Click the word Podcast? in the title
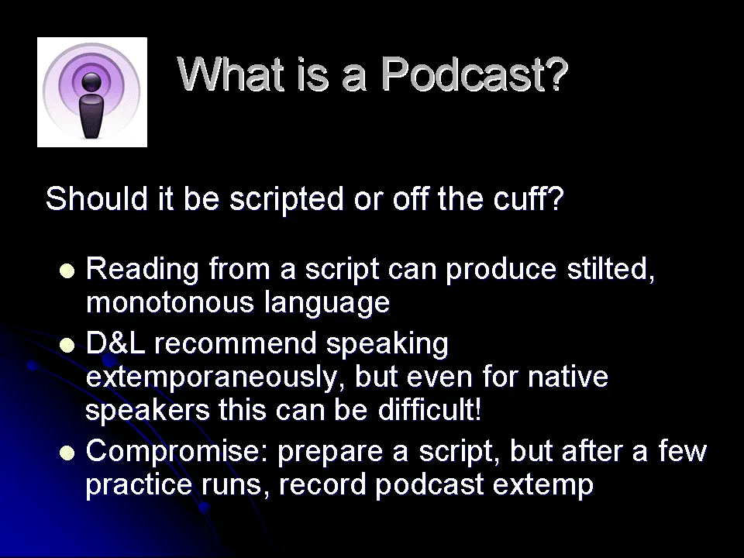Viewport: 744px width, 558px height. [474, 74]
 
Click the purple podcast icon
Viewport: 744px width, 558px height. [92, 92]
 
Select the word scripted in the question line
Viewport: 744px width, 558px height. [287, 199]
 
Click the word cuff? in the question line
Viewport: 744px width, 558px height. [528, 198]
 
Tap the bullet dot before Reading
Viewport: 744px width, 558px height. [67, 270]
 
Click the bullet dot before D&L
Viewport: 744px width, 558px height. [67, 345]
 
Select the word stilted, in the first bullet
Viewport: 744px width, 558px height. [611, 269]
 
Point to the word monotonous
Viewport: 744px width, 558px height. [170, 302]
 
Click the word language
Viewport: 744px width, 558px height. [327, 304]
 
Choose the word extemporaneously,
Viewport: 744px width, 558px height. [215, 377]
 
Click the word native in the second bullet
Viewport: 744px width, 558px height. [568, 377]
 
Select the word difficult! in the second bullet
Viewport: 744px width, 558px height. [430, 409]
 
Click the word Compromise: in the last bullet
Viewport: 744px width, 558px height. [177, 452]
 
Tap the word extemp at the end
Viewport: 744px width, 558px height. [543, 486]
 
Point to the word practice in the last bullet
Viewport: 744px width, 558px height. [139, 485]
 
